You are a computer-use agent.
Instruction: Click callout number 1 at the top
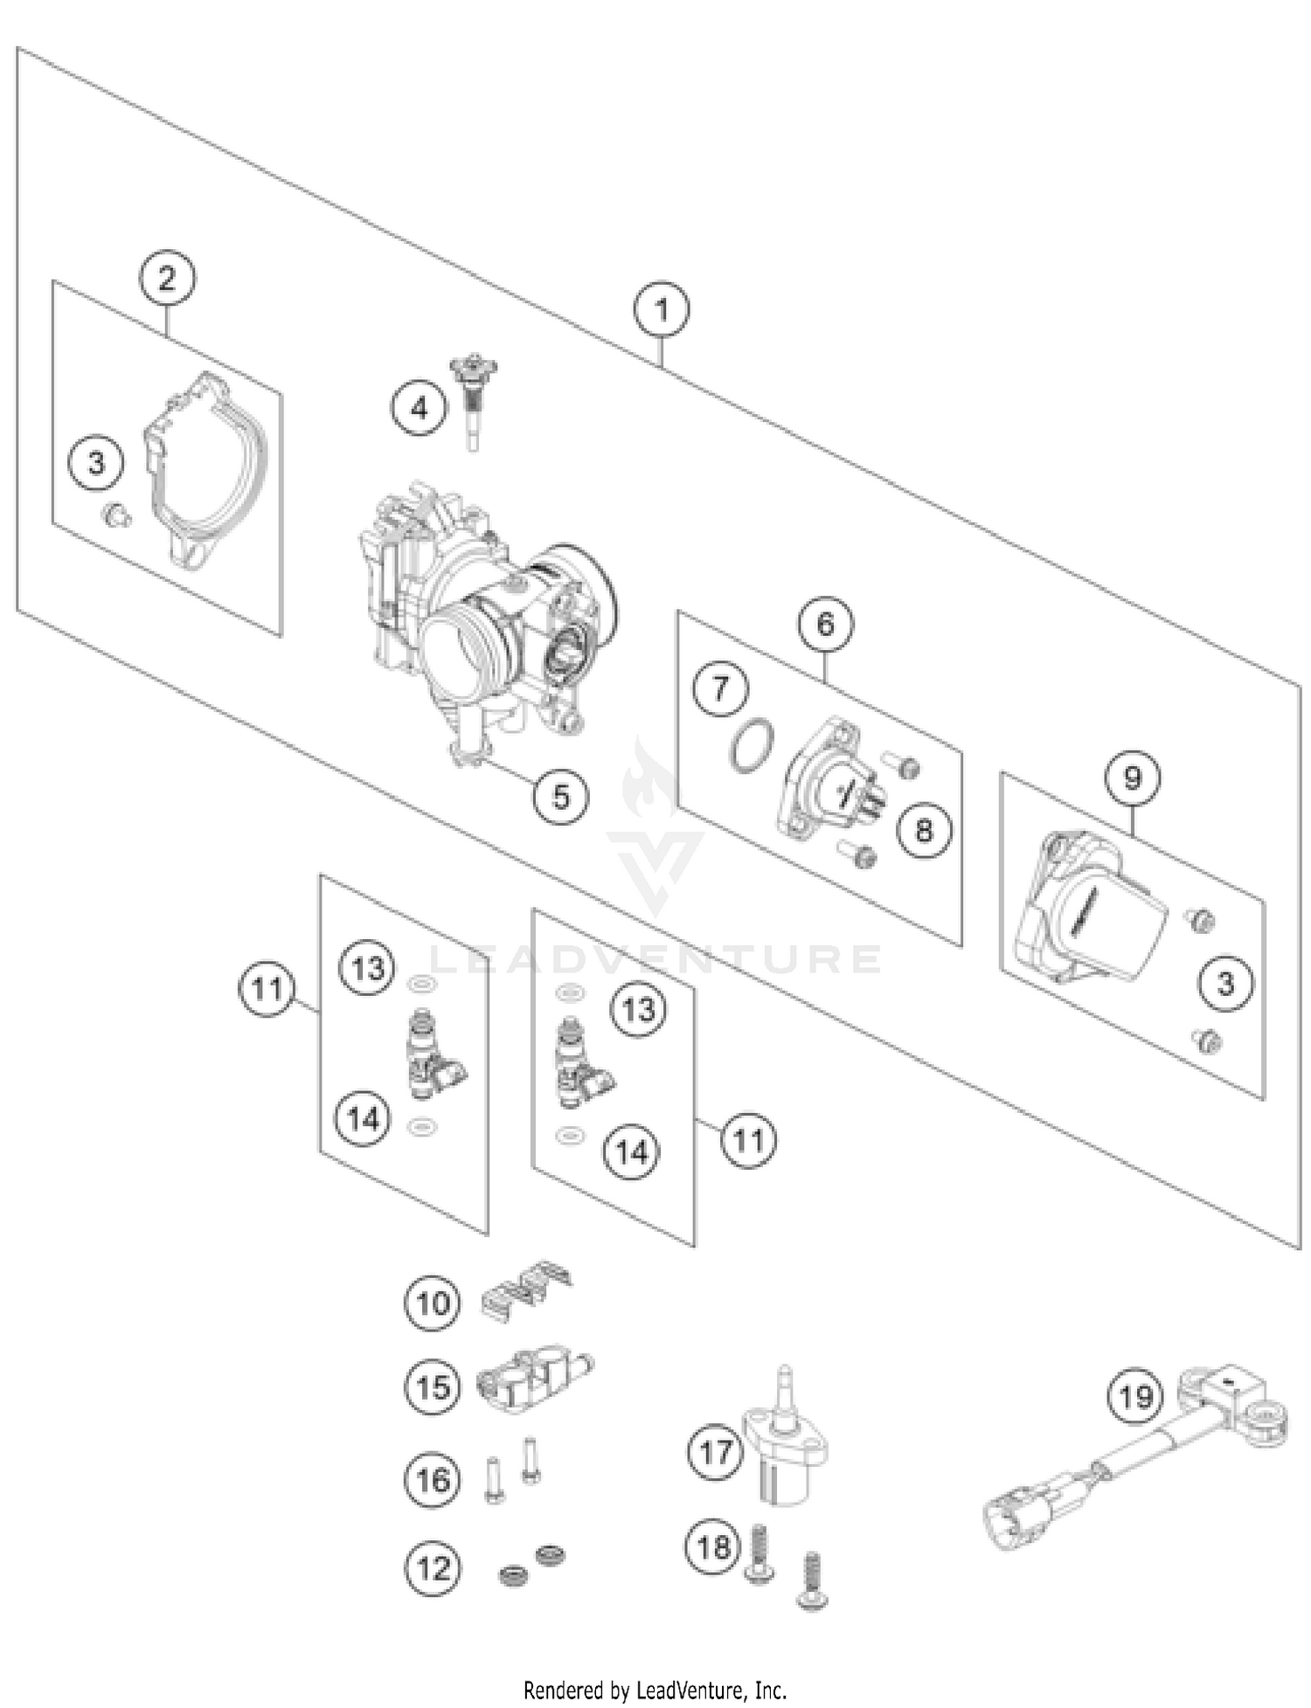point(662,310)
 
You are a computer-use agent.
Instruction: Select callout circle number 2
point(166,279)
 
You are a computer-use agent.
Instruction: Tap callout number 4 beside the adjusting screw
point(420,408)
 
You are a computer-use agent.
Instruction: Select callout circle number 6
point(825,624)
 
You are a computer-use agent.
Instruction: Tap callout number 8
point(924,829)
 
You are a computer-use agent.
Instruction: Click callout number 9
point(1132,777)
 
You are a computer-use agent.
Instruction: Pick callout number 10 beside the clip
point(433,1303)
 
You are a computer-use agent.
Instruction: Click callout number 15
point(433,1386)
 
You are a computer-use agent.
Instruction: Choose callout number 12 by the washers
point(433,1568)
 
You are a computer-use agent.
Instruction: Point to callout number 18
point(712,1547)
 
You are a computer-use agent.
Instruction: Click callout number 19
point(1135,1395)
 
